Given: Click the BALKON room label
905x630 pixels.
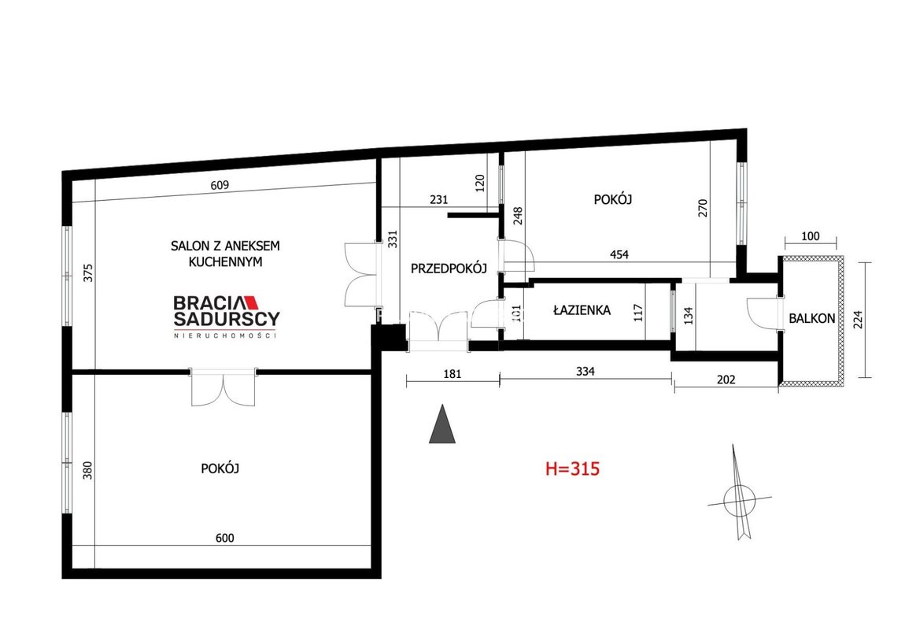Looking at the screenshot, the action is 811,318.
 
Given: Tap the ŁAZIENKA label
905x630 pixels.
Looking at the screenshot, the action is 582,310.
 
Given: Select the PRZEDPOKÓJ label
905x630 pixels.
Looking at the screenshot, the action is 449,268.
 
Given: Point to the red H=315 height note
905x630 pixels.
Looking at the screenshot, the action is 573,469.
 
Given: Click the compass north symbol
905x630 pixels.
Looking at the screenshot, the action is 740,494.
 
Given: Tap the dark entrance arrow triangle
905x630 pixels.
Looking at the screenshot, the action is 442,424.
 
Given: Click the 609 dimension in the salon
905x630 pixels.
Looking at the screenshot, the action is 220,185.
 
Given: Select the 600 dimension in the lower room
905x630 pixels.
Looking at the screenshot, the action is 224,538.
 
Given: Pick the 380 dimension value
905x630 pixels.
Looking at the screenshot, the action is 87,470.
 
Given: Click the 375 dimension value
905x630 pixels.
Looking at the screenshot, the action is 87,272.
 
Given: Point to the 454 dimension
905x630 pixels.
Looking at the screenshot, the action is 619,254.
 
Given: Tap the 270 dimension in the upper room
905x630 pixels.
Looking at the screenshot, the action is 703,208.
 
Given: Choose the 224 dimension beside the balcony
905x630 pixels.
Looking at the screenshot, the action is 859,319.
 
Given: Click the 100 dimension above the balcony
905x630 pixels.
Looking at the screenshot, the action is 811,235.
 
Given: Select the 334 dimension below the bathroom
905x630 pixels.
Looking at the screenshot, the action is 585,371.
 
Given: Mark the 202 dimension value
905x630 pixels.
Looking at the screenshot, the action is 726,380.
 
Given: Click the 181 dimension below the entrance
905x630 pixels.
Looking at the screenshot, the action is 452,373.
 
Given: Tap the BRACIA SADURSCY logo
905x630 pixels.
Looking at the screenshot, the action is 227,317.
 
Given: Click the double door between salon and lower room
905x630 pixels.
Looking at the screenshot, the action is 223,387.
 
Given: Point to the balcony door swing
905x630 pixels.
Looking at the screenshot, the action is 763,313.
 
